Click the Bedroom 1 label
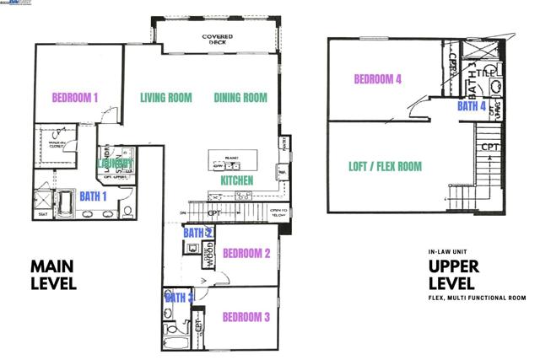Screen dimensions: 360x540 click(x=76, y=97)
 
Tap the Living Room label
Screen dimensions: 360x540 click(x=166, y=98)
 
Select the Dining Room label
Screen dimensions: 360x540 click(x=240, y=98)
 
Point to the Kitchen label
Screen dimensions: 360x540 click(x=237, y=181)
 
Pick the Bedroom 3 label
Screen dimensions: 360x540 click(x=246, y=317)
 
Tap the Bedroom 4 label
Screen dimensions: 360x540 click(x=377, y=80)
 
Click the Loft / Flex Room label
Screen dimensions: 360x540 click(x=385, y=166)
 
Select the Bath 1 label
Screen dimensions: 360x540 click(x=93, y=196)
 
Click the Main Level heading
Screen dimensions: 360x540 click(x=53, y=275)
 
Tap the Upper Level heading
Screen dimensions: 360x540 click(x=453, y=274)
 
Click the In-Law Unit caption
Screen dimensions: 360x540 click(x=448, y=251)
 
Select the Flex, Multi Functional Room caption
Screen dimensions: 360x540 click(x=477, y=298)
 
